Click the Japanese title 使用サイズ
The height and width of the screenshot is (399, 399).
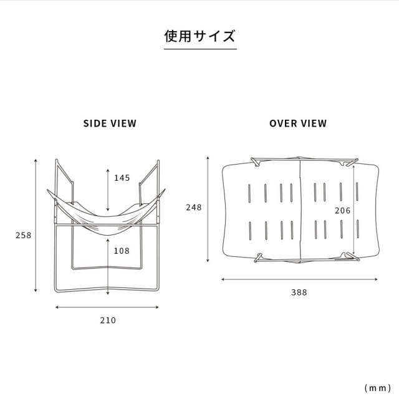199,36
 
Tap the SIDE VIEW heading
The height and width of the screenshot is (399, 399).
110,123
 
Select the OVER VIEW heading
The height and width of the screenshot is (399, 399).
298,123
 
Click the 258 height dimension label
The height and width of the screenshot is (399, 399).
24,235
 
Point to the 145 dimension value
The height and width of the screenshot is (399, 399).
122,178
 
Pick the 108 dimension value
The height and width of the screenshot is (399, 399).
122,251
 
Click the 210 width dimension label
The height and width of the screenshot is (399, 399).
108,320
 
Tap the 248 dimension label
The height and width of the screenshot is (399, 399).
194,208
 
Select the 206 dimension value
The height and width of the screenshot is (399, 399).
342,211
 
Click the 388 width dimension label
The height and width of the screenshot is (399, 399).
299,292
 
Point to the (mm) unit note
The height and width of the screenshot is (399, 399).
378,388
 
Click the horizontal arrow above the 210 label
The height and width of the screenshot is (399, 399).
107,307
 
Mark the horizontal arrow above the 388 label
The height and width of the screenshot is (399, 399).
299,279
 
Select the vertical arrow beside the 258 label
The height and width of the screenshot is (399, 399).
36,226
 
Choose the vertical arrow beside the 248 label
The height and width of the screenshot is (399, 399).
208,209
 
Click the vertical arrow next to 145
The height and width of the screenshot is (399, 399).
108,190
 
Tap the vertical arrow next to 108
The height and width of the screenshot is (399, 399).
108,267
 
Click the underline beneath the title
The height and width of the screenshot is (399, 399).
200,49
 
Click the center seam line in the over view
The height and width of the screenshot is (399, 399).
300,209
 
